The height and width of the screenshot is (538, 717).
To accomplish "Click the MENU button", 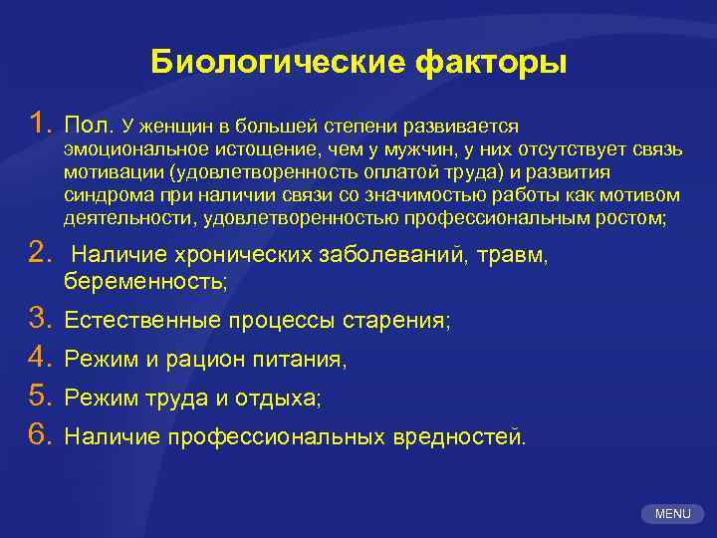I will click(x=672, y=514).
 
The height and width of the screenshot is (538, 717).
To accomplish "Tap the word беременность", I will click(x=144, y=282).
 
